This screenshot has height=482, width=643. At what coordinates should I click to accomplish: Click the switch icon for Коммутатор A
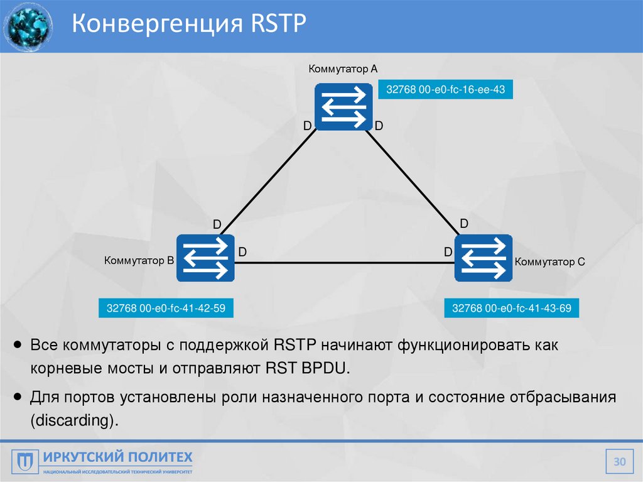point(342,107)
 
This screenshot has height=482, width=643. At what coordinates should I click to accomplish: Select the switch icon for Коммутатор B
point(205,258)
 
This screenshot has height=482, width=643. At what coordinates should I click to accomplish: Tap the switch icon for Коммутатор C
point(484,258)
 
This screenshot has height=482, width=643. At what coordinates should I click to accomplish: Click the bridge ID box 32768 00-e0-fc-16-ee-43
point(445,90)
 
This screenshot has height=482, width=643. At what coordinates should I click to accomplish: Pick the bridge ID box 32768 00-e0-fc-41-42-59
point(166,308)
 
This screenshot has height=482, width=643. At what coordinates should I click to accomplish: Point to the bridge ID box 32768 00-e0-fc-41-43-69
point(511,308)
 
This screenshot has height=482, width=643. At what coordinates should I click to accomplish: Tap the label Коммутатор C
point(550,261)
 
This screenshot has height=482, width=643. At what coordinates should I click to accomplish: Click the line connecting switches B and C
point(344,263)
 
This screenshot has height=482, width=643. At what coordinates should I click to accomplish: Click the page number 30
point(620,463)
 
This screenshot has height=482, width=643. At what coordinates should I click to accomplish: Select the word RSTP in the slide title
point(277,25)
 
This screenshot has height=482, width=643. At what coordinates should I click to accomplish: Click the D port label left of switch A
point(307,126)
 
